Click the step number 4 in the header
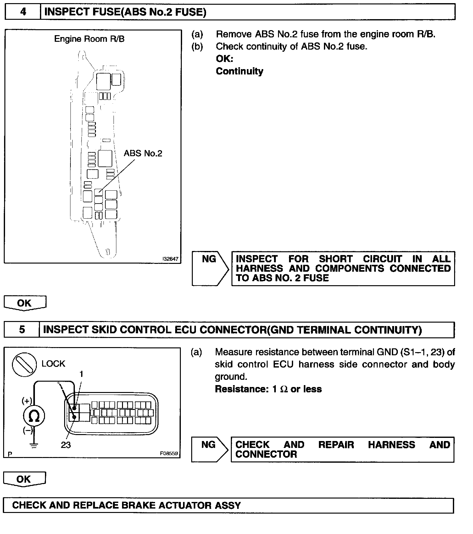point(23,12)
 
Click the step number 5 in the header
point(22,330)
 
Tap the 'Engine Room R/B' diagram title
point(89,39)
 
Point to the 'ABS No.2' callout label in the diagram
point(143,153)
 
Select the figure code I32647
point(170,259)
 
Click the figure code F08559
point(169,454)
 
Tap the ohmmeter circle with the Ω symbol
point(34,416)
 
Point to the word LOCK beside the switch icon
point(53,364)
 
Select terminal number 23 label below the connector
point(66,445)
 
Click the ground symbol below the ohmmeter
point(34,446)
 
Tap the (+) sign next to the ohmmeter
point(27,401)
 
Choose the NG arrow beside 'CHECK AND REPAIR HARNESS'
point(209,449)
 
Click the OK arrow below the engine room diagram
point(25,303)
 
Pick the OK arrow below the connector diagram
point(24,479)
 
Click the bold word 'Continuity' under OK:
point(239,71)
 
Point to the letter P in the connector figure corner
point(10,454)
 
